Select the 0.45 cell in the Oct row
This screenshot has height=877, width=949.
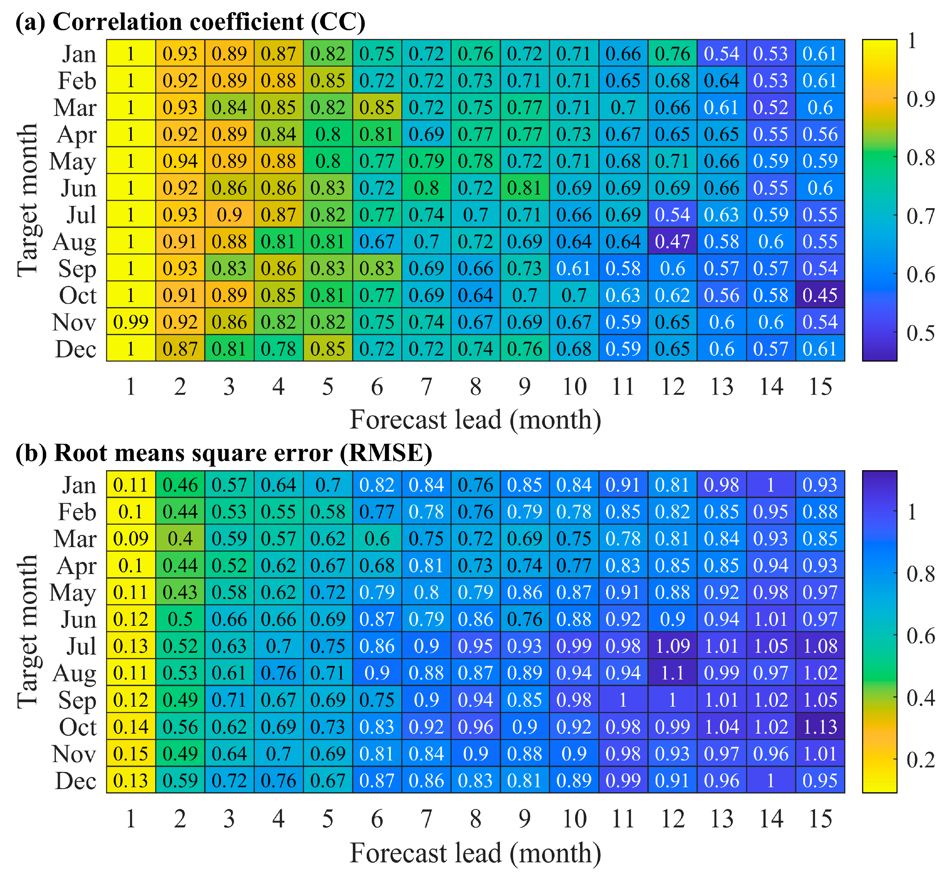(820, 295)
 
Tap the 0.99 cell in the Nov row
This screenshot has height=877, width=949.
(131, 322)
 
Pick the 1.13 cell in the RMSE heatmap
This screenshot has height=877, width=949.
(820, 727)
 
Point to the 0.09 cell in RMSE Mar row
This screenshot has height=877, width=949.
(131, 539)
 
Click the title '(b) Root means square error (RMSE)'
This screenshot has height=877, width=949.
(224, 453)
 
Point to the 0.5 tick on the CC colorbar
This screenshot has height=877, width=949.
(920, 333)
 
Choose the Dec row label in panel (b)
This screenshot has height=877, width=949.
(76, 781)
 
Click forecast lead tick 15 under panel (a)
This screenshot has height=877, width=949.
(820, 387)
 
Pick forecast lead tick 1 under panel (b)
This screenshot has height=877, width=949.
(131, 819)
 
